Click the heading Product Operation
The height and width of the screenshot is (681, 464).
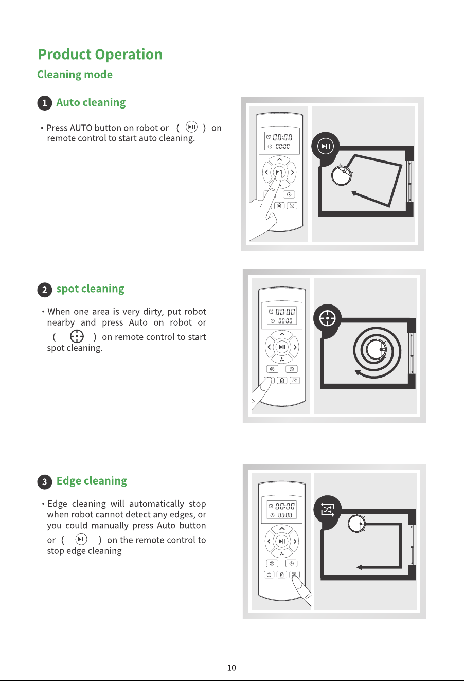(100, 55)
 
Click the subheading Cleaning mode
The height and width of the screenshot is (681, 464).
(75, 75)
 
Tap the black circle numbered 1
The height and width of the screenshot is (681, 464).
(45, 103)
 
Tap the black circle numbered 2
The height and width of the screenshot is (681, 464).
(45, 290)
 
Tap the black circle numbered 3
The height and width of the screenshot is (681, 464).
(45, 482)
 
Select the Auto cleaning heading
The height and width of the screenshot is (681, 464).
(91, 103)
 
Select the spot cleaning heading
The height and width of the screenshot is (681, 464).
(91, 289)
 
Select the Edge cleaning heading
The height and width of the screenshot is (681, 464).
(92, 481)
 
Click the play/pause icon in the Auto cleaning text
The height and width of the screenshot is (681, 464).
(191, 127)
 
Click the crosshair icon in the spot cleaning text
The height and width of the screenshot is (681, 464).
(77, 336)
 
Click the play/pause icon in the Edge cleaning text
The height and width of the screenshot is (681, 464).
(81, 540)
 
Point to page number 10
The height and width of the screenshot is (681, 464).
(231, 668)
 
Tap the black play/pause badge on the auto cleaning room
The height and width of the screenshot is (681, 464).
(325, 146)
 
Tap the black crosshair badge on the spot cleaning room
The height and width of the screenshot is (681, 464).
(328, 318)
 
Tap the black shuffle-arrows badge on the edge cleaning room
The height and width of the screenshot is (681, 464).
(328, 510)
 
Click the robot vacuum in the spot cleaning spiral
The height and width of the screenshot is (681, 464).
(377, 349)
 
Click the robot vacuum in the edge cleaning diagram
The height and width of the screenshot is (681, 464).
(357, 524)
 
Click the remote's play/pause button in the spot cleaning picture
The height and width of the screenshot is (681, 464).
(282, 347)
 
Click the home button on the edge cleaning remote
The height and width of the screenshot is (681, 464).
(282, 575)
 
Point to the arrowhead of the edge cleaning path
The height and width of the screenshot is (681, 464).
(359, 567)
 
